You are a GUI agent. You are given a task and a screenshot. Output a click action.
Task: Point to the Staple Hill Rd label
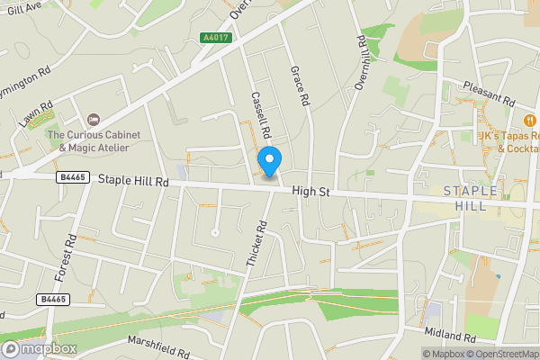(x=134, y=181)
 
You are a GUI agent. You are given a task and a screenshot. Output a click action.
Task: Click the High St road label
(x=315, y=191)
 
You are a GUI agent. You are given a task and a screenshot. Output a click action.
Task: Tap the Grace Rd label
(x=299, y=85)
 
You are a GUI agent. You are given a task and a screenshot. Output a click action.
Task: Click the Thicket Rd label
(x=257, y=244)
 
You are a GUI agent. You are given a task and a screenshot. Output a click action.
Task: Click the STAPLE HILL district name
(x=465, y=198)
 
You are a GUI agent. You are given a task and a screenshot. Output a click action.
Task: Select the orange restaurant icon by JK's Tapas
(x=530, y=121)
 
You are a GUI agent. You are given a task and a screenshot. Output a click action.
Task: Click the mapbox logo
(x=39, y=348)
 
